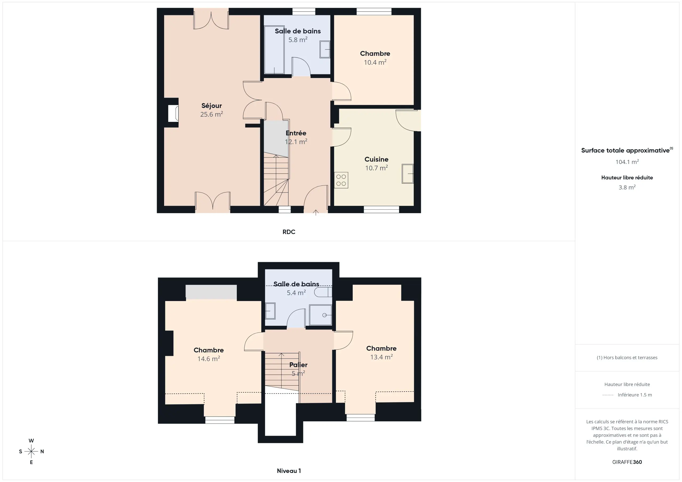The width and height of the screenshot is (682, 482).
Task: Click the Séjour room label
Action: pos(212,106)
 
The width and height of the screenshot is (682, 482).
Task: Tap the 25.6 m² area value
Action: pos(212,114)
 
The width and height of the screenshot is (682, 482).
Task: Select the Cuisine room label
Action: pos(376,159)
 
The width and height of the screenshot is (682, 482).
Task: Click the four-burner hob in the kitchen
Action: pos(341,180)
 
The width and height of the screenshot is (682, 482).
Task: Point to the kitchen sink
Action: pos(408,174)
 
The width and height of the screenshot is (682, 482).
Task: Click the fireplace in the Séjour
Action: pos(173,113)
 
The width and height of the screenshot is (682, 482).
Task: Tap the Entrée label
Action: pos(296,133)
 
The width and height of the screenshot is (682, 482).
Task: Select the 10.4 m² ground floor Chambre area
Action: pos(375,62)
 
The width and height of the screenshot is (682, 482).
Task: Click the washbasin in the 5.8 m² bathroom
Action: pos(325,49)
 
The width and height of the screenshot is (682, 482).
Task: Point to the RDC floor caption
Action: pos(289,232)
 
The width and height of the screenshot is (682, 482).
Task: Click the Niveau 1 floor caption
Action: pos(289,471)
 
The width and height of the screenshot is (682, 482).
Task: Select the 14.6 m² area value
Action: pos(209,359)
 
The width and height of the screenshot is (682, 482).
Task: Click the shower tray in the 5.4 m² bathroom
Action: pos(320,315)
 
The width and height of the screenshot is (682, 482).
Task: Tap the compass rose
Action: pos(31,451)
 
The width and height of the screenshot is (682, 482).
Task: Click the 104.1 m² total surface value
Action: pos(627,162)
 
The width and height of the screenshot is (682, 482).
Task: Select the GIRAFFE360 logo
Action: pos(627,462)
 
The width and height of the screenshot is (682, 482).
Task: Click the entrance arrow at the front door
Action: pos(316,212)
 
